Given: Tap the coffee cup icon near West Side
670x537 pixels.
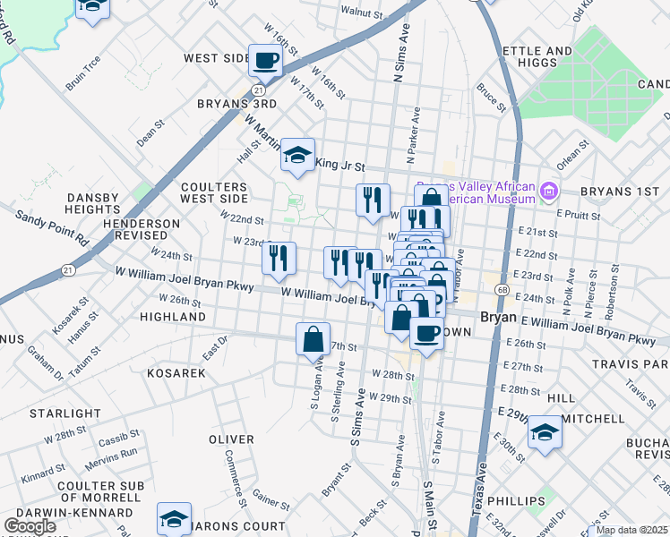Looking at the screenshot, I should pos(265,61).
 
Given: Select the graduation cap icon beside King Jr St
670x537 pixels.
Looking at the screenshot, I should pos(297,156).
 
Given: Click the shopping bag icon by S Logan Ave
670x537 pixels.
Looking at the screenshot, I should pos(313,340).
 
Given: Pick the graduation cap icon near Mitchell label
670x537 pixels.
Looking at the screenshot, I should pos(543,433).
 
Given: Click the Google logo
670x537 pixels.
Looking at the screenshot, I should pos(30,526).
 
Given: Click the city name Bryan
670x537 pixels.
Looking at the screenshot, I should pos(499,318).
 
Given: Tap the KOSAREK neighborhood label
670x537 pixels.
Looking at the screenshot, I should pos(176,371).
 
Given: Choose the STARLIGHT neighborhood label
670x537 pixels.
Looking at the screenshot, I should pos(65,413).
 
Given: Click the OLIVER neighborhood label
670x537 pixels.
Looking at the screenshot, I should pos(231,439).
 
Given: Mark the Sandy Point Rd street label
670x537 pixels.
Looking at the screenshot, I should pos(53,227).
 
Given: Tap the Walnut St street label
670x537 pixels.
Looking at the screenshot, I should pos(361,13).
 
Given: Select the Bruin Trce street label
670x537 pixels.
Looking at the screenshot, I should pos(83,74).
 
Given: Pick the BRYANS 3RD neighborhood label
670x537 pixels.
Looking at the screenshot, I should pos(237,103).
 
